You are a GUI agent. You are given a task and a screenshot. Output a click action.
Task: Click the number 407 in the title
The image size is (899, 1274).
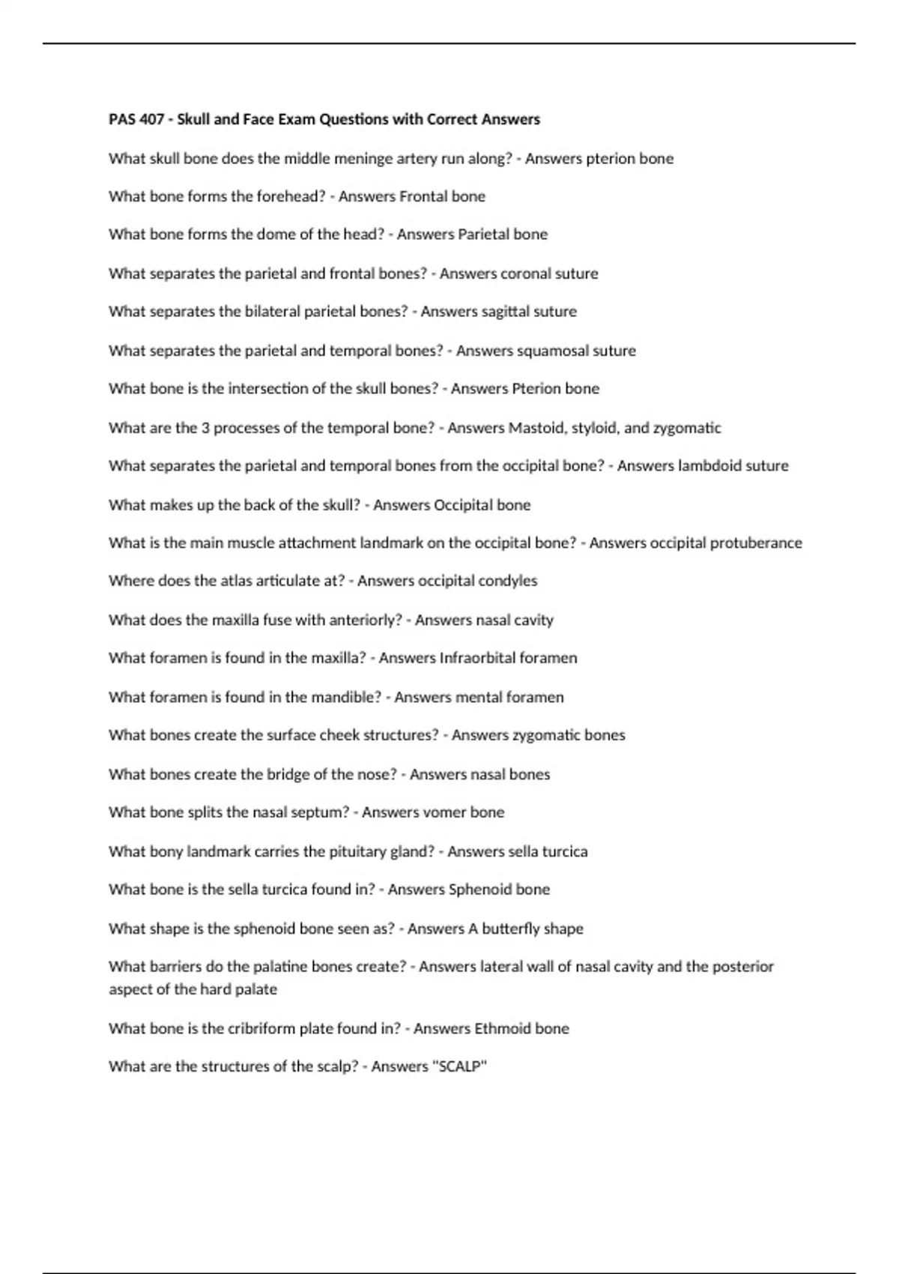(152, 119)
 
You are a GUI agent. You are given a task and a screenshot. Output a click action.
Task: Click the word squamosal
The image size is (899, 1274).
(553, 351)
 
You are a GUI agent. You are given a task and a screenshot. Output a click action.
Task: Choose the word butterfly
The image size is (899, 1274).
(510, 929)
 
